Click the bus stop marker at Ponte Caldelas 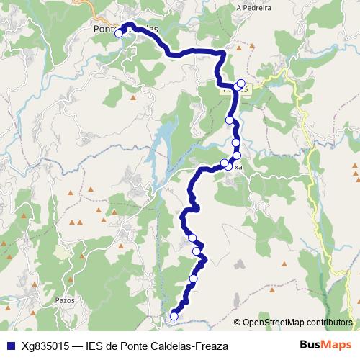(119, 33)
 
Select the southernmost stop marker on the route (174, 315)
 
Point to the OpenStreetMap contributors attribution (297, 323)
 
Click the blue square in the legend (9, 346)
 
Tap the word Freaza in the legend (211, 346)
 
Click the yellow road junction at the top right (286, 73)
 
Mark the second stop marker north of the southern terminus (197, 251)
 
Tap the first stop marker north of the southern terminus (193, 278)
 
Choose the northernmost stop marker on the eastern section (240, 83)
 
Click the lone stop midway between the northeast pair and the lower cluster (230, 120)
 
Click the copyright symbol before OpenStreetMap (238, 323)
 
